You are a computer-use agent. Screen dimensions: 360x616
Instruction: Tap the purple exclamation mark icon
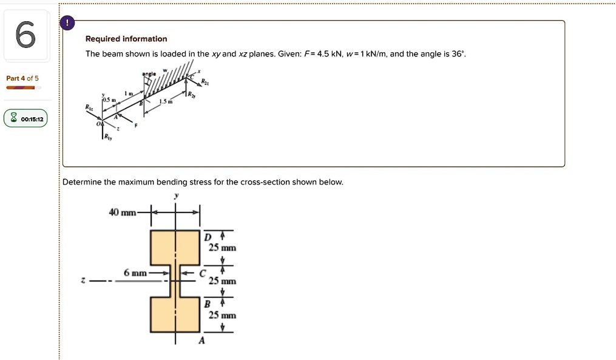click(67, 23)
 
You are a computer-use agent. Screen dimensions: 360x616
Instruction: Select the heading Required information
click(126, 39)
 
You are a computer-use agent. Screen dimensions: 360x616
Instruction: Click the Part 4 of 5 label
click(22, 78)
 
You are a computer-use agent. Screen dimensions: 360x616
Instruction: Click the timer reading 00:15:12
click(31, 120)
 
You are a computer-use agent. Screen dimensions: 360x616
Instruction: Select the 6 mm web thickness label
click(135, 273)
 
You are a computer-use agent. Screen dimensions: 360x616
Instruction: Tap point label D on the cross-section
click(207, 236)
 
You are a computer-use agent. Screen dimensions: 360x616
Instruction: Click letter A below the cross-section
click(202, 341)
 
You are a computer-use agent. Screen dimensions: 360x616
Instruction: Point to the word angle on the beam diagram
click(149, 73)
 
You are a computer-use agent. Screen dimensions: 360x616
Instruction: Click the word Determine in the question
click(82, 182)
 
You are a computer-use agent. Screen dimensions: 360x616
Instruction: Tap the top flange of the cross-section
click(175, 247)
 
